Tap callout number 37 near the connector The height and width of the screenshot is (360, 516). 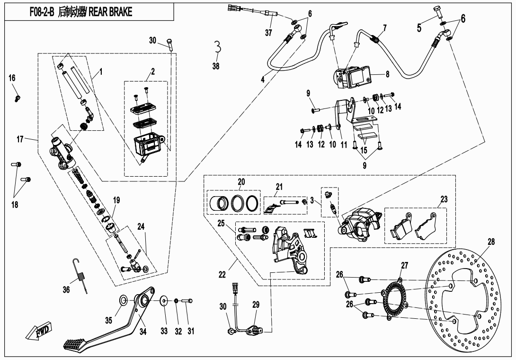tap(269, 32)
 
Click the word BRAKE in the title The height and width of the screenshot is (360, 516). tap(118, 12)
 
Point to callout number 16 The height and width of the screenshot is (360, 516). tap(12, 78)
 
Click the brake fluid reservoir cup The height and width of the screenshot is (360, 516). tap(149, 144)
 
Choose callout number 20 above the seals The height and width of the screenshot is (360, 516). tap(241, 182)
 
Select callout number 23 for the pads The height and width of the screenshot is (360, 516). tap(443, 199)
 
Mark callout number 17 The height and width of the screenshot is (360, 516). tap(19, 139)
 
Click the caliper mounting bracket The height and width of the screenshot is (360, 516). tap(287, 251)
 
